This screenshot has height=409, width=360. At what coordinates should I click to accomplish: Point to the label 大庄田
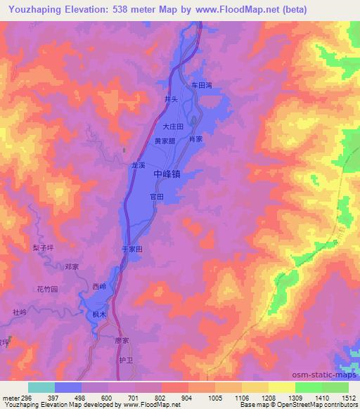pyautogui.click(x=172, y=127)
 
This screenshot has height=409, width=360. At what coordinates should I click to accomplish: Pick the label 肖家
pyautogui.click(x=195, y=139)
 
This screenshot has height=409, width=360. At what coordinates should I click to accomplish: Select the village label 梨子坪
pyautogui.click(x=43, y=248)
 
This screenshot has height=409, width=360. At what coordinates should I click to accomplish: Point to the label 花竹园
pyautogui.click(x=46, y=289)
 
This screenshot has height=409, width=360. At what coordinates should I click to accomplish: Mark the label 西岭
pyautogui.click(x=99, y=286)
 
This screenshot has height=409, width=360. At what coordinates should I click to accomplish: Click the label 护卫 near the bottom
pyautogui.click(x=124, y=360)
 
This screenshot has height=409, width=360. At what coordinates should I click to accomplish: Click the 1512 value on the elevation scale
pyautogui.click(x=349, y=398)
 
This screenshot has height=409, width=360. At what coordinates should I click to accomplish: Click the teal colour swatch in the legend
pyautogui.click(x=41, y=387)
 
